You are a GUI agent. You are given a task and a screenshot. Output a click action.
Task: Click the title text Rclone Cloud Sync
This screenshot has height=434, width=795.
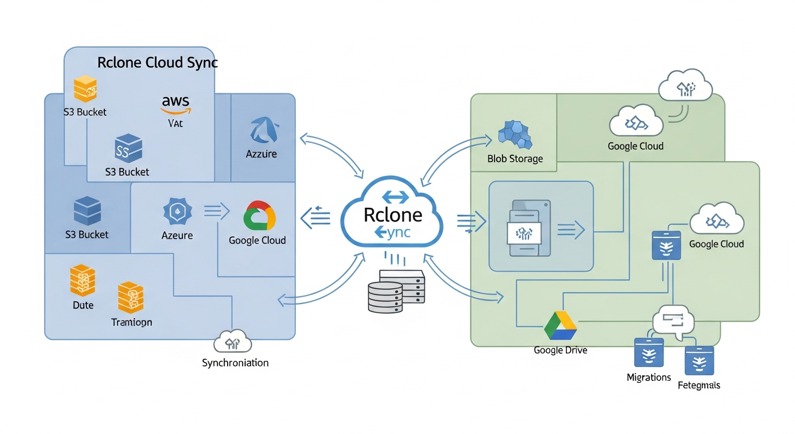tap(158, 62)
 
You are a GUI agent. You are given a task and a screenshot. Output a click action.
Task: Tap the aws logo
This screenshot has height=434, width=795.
tap(176, 103)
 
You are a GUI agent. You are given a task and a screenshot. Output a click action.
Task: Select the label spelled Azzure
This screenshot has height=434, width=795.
tap(261, 154)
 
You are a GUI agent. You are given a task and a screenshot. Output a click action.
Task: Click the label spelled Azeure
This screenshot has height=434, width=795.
tap(177, 235)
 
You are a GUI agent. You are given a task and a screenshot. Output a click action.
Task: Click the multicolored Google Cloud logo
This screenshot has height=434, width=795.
tap(259, 215)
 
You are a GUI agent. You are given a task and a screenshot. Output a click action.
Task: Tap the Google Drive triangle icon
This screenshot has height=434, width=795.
tap(560, 326)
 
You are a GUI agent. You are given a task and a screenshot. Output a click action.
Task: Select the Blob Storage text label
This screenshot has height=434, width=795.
tap(515, 159)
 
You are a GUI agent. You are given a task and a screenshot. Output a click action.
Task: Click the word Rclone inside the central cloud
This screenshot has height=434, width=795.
tap(393, 215)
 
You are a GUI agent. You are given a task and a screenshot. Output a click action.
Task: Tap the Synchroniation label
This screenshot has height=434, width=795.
tap(235, 363)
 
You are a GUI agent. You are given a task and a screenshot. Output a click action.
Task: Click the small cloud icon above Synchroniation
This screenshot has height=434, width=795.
tap(233, 342)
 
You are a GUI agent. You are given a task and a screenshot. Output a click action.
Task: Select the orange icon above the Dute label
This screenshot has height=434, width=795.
tap(82, 281)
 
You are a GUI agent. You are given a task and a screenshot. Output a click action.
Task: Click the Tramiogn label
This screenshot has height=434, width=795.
tap(132, 322)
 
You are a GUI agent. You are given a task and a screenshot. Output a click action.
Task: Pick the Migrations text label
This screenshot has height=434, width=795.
tap(649, 377)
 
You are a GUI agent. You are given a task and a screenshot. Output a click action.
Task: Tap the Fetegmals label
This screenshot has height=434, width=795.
tap(698, 385)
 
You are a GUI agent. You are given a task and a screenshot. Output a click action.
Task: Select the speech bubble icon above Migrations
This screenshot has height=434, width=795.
tap(672, 323)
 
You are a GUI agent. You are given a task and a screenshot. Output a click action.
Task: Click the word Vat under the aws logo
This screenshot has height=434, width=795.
tap(176, 123)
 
